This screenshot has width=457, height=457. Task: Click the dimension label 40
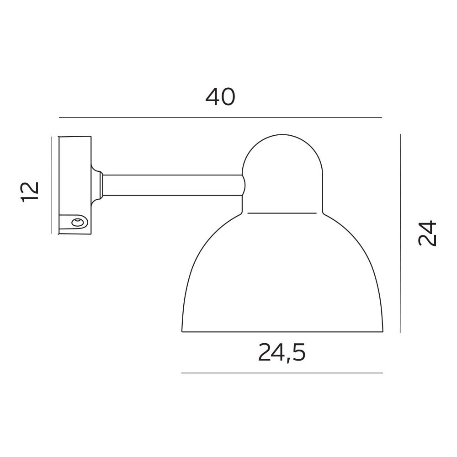pyautogui.click(x=220, y=97)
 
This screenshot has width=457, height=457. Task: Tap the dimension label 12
pyautogui.click(x=30, y=191)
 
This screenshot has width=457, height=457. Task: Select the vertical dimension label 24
pyautogui.click(x=427, y=234)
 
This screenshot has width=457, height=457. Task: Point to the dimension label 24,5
pyautogui.click(x=282, y=353)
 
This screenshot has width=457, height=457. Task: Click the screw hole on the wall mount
pyautogui.click(x=77, y=223)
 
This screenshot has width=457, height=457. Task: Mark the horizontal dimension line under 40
pyautogui.click(x=220, y=118)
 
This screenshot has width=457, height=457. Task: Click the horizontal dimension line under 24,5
pyautogui.click(x=282, y=373)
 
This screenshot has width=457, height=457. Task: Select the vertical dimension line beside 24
pyautogui.click(x=400, y=233)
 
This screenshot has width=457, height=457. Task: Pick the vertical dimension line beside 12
pyautogui.click(x=51, y=185)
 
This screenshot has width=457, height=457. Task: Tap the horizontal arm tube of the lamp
pyautogui.click(x=172, y=186)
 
